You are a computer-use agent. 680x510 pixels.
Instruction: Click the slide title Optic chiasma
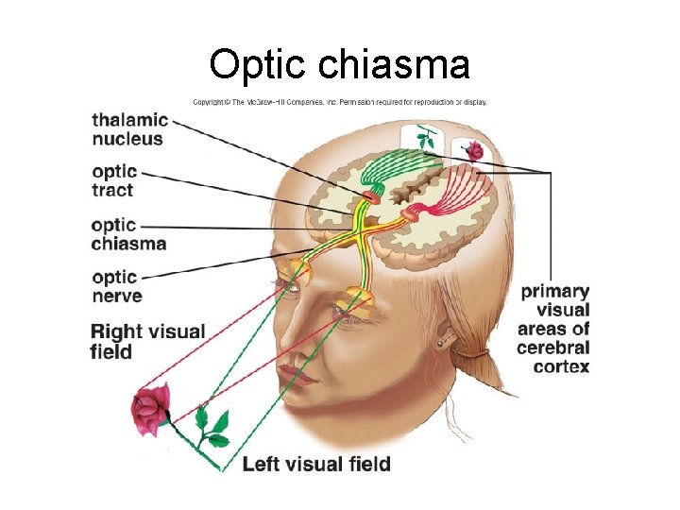339,64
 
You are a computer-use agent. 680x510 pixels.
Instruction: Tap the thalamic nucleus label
129,129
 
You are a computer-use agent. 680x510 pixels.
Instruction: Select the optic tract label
114,181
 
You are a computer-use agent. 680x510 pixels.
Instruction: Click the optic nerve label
116,286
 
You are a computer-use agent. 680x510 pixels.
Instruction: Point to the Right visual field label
147,341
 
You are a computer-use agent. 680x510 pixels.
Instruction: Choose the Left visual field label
315,464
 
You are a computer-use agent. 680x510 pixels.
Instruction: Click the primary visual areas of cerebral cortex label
554,329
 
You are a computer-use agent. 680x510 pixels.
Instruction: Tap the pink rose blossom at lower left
148,409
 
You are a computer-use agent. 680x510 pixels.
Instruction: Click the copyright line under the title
340,102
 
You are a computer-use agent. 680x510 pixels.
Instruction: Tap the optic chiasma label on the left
128,234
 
